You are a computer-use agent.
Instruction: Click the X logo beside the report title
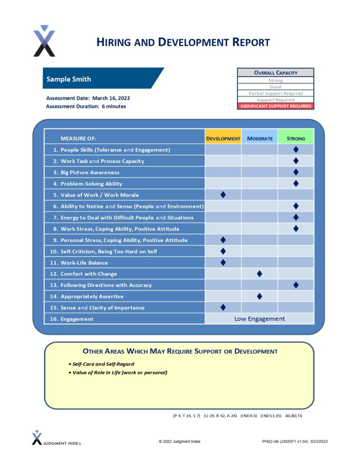coord(44,41)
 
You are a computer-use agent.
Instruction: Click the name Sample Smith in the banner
coord(69,79)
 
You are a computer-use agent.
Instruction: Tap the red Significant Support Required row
coord(275,106)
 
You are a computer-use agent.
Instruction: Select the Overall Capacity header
coord(275,72)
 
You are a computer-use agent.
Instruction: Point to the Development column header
coord(223,138)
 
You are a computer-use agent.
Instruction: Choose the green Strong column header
coord(296,138)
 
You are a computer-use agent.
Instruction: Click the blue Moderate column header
coord(259,138)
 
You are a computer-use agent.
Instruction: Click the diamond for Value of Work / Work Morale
coord(223,195)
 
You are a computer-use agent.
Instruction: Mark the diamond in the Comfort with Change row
coord(259,274)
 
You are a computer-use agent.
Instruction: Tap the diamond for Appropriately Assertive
coord(259,296)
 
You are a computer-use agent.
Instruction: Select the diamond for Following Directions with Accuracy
coord(296,285)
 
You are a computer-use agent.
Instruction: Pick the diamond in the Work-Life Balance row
coord(223,263)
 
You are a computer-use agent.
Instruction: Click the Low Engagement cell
coord(259,319)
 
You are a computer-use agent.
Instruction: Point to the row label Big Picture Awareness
coord(90,172)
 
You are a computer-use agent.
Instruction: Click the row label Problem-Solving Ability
coord(91,184)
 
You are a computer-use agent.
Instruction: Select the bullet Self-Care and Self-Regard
coord(103,364)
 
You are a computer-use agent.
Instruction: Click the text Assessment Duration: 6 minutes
coord(86,106)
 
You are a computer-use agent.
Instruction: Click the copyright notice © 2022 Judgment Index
coord(179,441)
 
